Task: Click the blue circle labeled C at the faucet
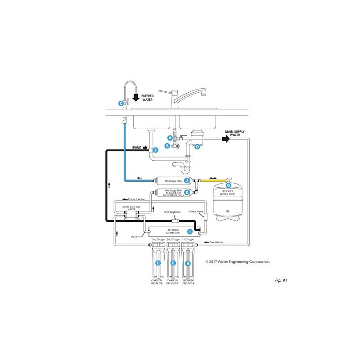(121, 103)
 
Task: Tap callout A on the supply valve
(170, 138)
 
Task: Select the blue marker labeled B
(167, 146)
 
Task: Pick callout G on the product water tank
(228, 185)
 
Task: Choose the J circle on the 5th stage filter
(186, 180)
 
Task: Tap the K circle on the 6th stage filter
(186, 192)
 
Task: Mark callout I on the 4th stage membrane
(190, 231)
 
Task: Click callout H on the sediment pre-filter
(188, 263)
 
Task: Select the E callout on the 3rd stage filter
(157, 263)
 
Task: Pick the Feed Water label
(216, 242)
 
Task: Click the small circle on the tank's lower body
(228, 209)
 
